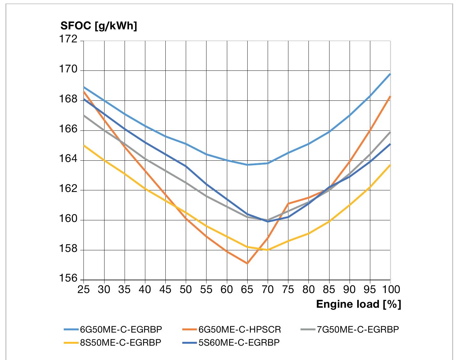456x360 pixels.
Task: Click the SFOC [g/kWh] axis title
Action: click(98, 26)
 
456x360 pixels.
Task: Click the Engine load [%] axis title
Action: click(358, 304)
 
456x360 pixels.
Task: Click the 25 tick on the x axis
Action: click(83, 289)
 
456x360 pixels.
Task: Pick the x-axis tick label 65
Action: click(247, 289)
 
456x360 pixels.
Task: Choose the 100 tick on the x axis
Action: click(390, 289)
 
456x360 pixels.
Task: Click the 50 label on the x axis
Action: click(186, 289)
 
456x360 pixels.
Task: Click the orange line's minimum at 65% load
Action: click(247, 263)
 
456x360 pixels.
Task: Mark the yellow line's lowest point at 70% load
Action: click(268, 250)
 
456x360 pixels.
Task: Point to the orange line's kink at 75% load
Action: click(288, 203)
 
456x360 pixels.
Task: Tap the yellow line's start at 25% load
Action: click(83, 145)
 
